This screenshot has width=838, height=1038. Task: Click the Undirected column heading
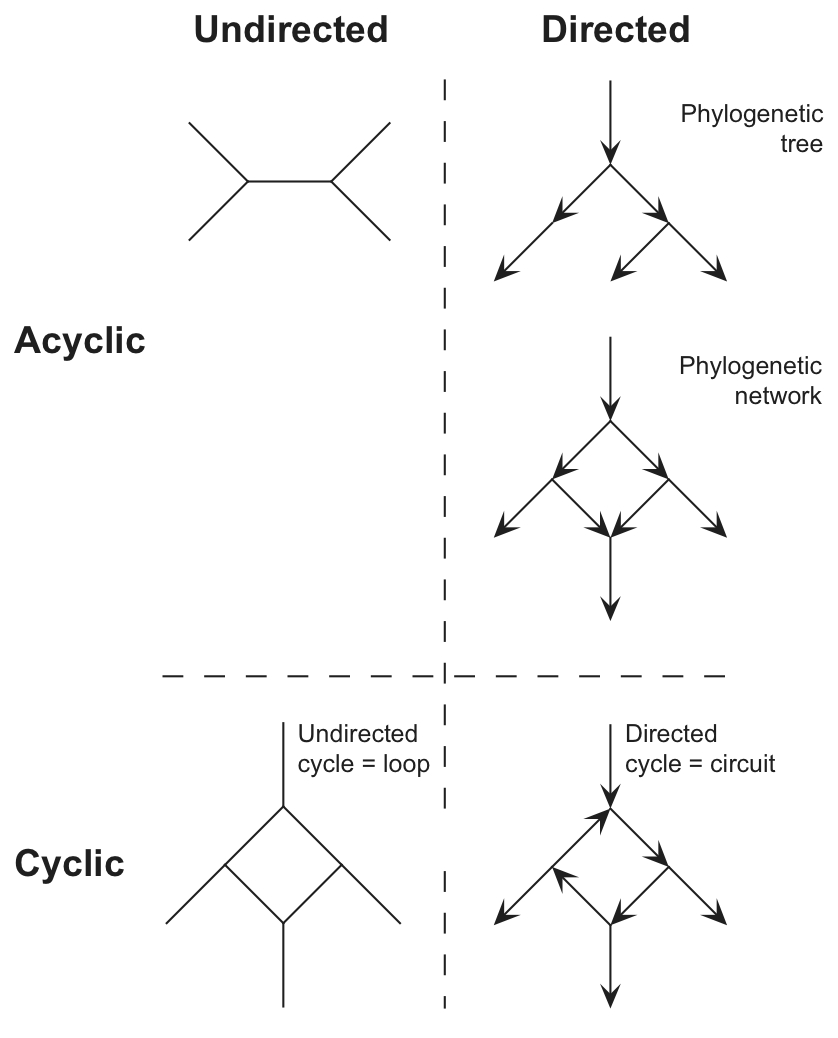point(290,30)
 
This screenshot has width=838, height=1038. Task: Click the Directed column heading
point(615,30)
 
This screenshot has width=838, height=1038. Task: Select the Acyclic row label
point(80,341)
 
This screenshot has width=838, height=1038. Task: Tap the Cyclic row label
point(70,863)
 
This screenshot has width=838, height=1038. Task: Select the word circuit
point(740,764)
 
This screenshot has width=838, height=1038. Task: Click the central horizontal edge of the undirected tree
point(289,181)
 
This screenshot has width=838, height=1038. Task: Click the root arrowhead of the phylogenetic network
point(610,410)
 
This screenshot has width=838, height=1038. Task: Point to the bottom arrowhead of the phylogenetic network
point(610,609)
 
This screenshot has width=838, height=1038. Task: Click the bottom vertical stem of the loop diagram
point(284,964)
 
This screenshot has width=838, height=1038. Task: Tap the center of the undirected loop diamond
point(284,864)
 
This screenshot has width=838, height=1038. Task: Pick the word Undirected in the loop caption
point(357,735)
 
